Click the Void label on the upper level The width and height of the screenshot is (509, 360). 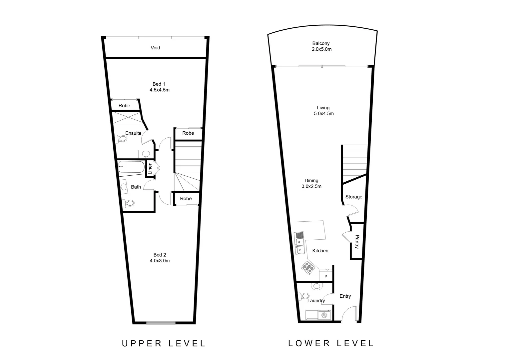[x=155, y=48]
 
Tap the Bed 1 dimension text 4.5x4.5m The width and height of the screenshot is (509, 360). [x=160, y=90]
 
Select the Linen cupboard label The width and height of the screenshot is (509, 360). [x=150, y=168]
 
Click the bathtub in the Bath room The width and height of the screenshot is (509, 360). [x=131, y=166]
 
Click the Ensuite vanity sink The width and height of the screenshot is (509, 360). [x=146, y=154]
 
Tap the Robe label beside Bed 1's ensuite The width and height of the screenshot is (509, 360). [x=124, y=106]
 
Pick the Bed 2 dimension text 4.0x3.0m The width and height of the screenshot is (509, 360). [x=160, y=261]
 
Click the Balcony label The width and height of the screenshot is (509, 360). [x=321, y=43]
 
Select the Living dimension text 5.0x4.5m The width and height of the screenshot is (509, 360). [x=323, y=114]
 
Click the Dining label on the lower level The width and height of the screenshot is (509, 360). [x=311, y=181]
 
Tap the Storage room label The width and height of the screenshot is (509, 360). [x=353, y=197]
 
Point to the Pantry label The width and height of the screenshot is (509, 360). [x=357, y=242]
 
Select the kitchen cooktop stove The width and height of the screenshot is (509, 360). [x=308, y=267]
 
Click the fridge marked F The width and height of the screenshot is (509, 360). [x=326, y=276]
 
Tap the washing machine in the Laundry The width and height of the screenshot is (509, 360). [x=324, y=315]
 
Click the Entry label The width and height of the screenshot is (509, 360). [x=345, y=296]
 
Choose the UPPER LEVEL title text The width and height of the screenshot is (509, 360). [x=164, y=343]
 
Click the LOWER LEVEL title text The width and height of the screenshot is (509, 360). [x=331, y=343]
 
